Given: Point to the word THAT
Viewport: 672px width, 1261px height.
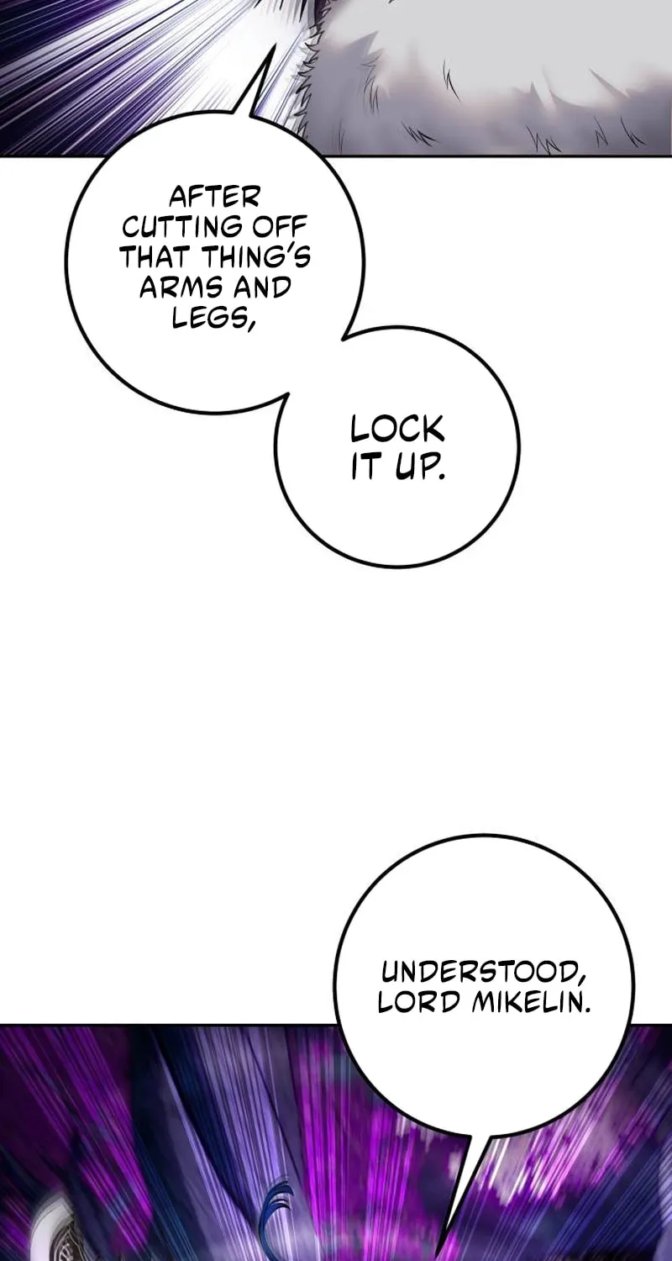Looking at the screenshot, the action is pos(153,258).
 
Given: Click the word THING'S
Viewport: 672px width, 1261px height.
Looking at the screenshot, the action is pos(254,258).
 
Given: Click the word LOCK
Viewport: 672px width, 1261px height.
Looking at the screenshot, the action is pos(397,430).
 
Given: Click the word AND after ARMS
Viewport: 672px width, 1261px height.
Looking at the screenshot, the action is pos(260,288).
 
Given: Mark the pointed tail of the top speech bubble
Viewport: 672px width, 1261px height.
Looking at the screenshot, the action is pos(275,47).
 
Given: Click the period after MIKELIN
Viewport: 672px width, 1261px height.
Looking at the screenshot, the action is pos(587,1010).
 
